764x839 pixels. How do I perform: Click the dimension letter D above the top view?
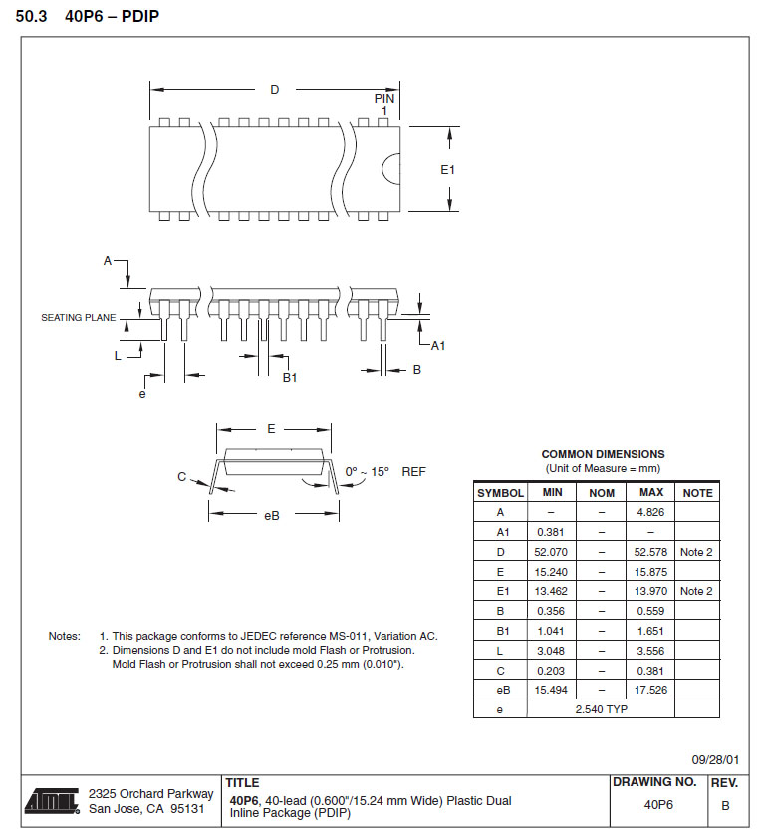click(275, 90)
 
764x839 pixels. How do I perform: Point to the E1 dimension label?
click(448, 170)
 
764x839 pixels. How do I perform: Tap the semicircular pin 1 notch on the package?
click(392, 169)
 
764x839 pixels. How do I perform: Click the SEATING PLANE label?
click(78, 318)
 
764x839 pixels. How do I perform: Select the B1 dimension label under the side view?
click(290, 376)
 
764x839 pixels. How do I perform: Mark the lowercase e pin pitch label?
click(142, 394)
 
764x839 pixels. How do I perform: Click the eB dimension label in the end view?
click(271, 515)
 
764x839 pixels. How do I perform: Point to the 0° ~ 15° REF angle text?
click(384, 471)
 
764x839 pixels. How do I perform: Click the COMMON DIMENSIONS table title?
click(603, 454)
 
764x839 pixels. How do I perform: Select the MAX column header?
click(650, 492)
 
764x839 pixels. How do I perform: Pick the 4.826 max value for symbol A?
click(650, 512)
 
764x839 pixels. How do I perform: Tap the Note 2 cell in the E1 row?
click(696, 591)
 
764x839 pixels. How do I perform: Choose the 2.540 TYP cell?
click(602, 708)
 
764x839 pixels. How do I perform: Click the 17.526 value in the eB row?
click(650, 689)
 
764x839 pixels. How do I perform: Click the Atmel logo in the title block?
click(52, 800)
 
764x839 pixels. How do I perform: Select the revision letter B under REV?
click(725, 804)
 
